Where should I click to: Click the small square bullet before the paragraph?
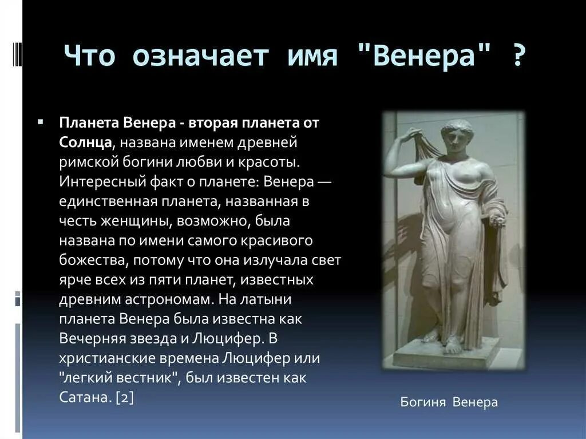point(40,122)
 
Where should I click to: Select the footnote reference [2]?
point(124,398)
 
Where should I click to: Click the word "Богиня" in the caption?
point(423,402)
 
